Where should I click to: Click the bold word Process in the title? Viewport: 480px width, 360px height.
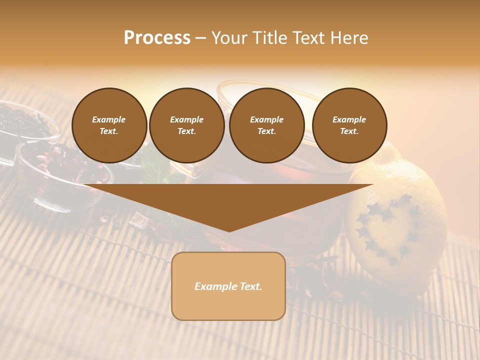point(157,38)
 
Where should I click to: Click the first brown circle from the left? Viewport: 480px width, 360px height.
point(109,125)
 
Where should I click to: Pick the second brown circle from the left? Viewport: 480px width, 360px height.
point(186,125)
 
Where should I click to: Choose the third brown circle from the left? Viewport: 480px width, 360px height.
point(266,125)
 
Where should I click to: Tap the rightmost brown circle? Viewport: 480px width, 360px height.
point(349,125)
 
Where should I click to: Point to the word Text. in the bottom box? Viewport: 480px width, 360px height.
point(250,286)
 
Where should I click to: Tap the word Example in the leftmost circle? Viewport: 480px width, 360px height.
point(109,119)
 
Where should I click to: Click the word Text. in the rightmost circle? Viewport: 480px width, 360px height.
point(349,131)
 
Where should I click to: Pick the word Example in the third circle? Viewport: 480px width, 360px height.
point(266,119)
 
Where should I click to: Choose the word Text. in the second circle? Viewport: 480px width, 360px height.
point(186,131)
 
